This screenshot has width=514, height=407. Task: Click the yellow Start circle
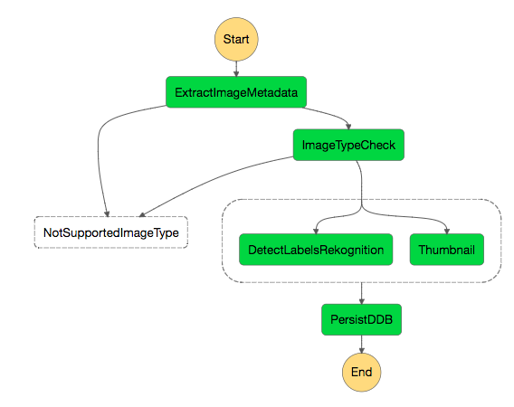[x=236, y=39]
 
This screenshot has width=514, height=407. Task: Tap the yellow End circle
[x=362, y=373]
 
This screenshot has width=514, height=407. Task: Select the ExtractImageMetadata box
[x=236, y=92]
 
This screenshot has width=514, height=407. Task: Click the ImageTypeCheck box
[x=348, y=145]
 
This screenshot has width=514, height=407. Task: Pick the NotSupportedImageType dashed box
[x=111, y=232]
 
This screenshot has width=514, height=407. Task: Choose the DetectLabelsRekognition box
[x=316, y=250]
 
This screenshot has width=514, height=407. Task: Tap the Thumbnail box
[x=447, y=250]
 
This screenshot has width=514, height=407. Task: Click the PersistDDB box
[x=362, y=319]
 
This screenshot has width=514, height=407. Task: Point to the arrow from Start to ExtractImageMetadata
[x=236, y=69]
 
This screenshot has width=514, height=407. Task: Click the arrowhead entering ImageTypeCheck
[x=348, y=127]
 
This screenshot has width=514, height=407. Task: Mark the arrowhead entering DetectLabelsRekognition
[x=316, y=231]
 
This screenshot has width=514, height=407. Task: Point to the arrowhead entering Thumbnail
[x=447, y=231]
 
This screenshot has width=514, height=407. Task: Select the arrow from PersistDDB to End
[x=362, y=344]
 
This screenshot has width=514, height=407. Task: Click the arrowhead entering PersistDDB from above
[x=362, y=301]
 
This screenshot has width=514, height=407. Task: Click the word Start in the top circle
[x=236, y=39]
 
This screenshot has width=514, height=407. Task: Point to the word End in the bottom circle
[x=362, y=373]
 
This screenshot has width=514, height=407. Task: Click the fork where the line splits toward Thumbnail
[x=362, y=207]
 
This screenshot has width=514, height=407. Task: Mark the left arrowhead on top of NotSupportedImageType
[x=107, y=214]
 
